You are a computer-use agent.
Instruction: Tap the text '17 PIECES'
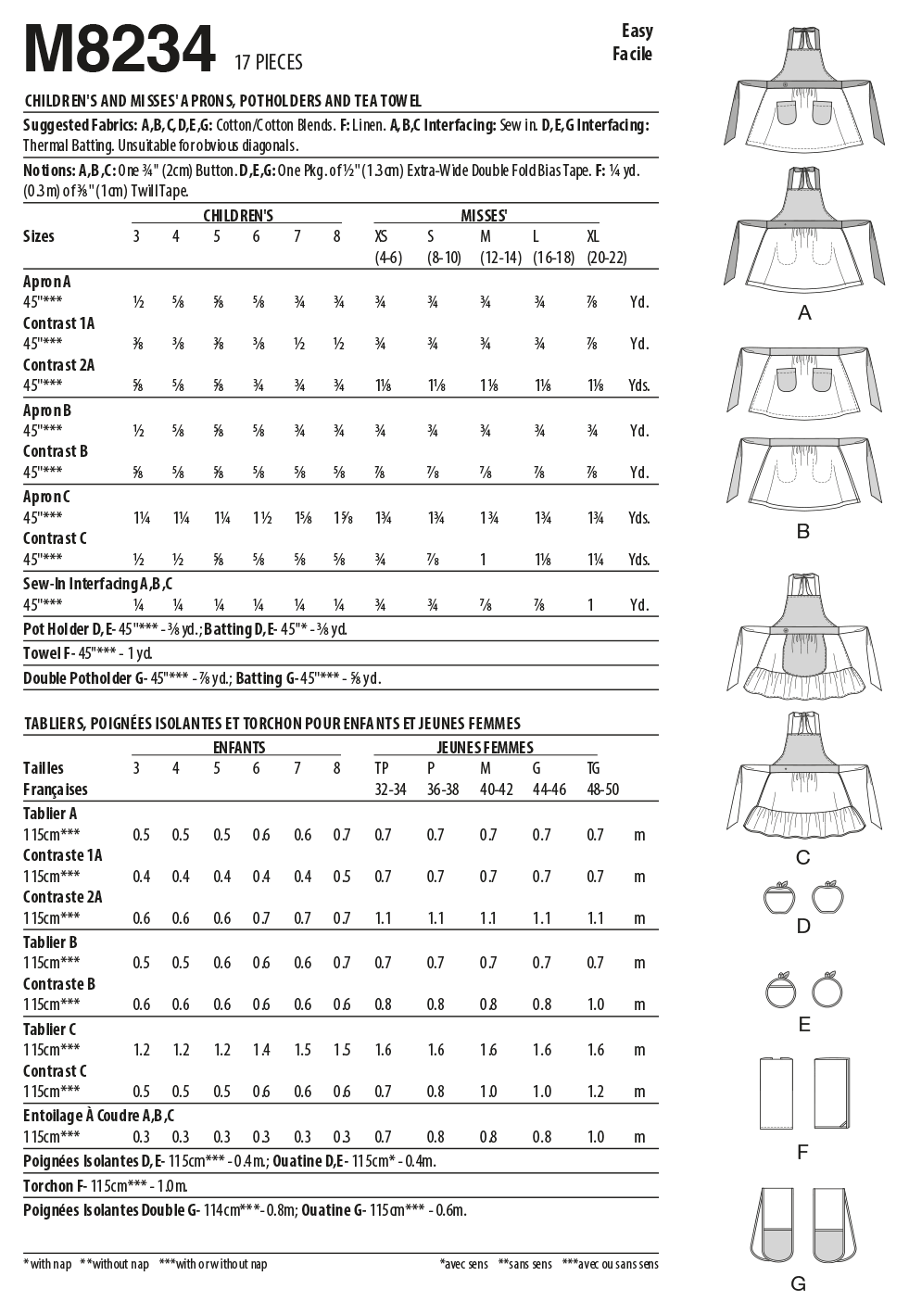(269, 62)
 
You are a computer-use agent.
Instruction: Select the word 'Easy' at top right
(637, 32)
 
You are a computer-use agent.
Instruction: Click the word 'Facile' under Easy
(632, 54)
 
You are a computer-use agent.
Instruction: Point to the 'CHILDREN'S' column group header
(238, 215)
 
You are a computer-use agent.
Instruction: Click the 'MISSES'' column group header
(484, 215)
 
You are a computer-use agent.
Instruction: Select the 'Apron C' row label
(46, 497)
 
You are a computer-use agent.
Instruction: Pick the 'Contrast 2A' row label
(58, 365)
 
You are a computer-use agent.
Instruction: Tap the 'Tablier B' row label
(50, 942)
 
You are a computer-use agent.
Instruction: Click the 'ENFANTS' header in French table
(239, 747)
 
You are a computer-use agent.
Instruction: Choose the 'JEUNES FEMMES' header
(485, 747)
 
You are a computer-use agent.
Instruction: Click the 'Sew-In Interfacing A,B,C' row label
(97, 584)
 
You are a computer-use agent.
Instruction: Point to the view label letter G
(799, 1284)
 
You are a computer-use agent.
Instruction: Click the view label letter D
(803, 925)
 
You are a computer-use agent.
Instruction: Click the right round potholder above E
(827, 990)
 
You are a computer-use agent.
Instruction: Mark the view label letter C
(803, 857)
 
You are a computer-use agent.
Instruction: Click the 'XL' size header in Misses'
(593, 236)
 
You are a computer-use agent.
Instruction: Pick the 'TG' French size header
(593, 768)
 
